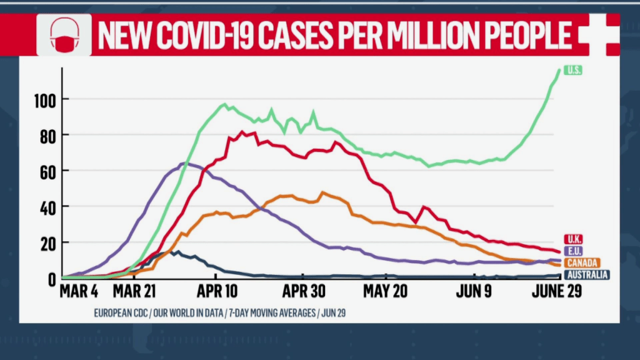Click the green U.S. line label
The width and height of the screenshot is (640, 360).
573,71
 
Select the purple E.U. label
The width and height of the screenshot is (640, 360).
574,251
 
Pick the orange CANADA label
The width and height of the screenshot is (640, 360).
582,262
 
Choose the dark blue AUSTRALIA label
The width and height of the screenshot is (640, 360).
587,274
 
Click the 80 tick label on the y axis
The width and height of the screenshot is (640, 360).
48,135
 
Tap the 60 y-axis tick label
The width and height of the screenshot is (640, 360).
48,171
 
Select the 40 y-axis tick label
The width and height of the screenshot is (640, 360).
48,206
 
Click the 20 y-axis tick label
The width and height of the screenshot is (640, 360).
48,242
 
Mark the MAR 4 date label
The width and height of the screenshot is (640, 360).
79,291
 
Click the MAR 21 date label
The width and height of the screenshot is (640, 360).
136,291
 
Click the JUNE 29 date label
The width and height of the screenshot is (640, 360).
556,291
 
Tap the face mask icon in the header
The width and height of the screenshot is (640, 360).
64,35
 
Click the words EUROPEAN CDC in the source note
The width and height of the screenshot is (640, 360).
120,312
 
